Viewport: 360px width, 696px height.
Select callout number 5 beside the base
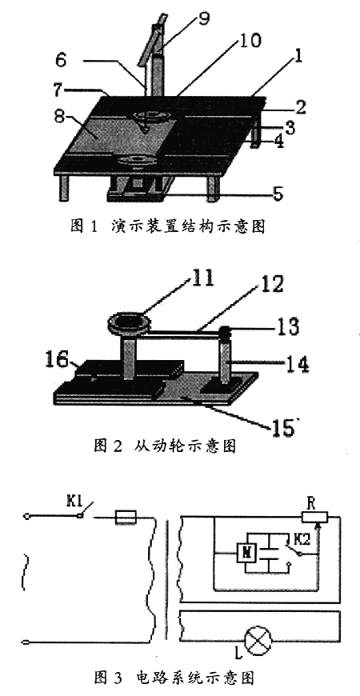point(278,194)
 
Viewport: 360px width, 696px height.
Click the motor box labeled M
point(245,552)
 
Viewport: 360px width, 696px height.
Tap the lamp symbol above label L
point(258,640)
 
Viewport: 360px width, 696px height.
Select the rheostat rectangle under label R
point(314,517)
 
